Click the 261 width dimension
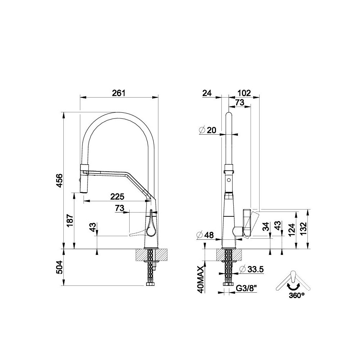coord(119,93)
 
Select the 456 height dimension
coord(59,180)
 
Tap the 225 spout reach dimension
coord(117,197)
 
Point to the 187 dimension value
coord(70,221)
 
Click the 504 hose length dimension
coord(59,267)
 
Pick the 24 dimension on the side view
coord(207,93)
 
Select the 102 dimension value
coord(244,93)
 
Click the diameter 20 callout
coord(208,130)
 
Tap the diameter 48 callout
coord(205,235)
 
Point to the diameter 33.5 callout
coord(251,269)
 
